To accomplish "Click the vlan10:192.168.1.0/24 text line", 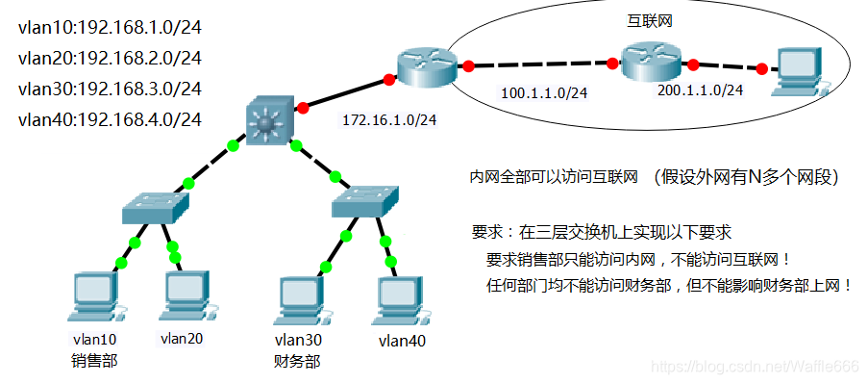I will (x=110, y=28).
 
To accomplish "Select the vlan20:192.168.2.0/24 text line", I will (x=110, y=59).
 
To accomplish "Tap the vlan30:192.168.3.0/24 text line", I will (x=110, y=89).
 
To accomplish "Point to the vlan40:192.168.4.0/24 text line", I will (x=110, y=119).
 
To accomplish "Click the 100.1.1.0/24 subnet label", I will (x=545, y=93).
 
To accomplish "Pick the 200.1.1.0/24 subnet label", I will (x=700, y=90).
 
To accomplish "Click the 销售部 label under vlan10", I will (x=93, y=361).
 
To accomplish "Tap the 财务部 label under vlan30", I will (x=297, y=362).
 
